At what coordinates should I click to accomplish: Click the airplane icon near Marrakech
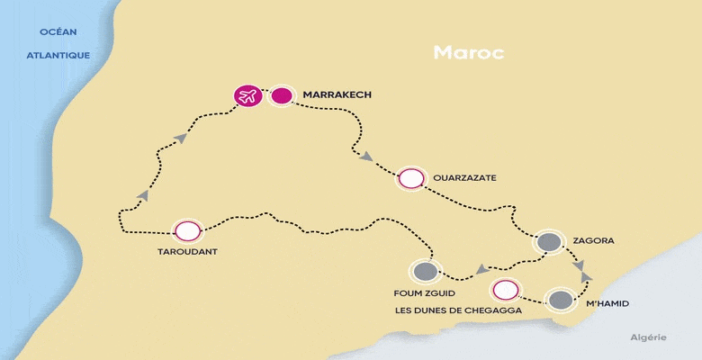[x=247, y=94]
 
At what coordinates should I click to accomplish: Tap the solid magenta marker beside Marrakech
[x=282, y=94]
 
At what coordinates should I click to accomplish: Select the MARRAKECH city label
[x=337, y=94]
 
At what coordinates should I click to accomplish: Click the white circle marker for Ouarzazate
[x=410, y=178]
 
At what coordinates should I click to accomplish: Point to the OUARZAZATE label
[x=464, y=178]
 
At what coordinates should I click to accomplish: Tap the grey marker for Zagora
[x=548, y=242]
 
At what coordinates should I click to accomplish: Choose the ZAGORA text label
[x=593, y=241]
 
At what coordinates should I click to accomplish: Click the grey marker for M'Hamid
[x=561, y=300]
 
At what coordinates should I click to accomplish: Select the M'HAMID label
[x=607, y=304]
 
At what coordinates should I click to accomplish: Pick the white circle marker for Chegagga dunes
[x=506, y=290]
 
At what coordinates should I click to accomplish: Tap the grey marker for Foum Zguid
[x=425, y=271]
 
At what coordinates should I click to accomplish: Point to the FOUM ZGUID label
[x=425, y=292]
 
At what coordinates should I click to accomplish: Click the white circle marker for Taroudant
[x=187, y=230]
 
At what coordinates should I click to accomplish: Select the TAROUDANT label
[x=187, y=253]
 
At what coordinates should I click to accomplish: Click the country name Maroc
[x=468, y=51]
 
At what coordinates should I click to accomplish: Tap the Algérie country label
[x=648, y=337]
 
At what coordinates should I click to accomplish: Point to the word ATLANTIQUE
[x=58, y=55]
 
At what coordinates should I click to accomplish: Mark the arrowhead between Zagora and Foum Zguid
[x=481, y=268]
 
